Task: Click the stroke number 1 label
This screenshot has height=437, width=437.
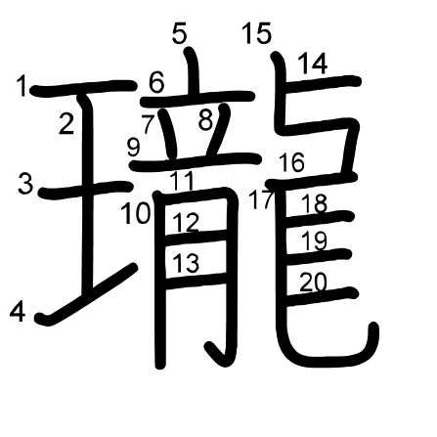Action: pos(22,86)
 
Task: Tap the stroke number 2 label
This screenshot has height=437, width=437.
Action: pos(66,123)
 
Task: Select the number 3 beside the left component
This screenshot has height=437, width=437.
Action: pos(25,183)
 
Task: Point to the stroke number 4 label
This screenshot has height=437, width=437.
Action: pos(18,312)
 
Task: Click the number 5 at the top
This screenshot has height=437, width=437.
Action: pos(179,33)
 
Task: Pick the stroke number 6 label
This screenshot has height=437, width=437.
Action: pos(156,82)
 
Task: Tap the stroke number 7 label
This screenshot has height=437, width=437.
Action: pos(148,124)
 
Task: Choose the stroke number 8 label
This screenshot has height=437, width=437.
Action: pos(206,120)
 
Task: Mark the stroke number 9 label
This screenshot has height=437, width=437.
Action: pos(134,148)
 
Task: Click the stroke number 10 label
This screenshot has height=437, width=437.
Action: pos(136,213)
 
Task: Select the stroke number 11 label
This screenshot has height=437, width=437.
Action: pos(182,181)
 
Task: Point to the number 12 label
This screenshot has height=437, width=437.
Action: pos(186,222)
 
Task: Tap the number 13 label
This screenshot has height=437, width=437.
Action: pos(186,263)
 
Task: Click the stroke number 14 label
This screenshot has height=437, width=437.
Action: pos(313,64)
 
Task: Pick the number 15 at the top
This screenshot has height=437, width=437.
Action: pos(257,33)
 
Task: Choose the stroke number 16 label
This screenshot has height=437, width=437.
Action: pos(292,162)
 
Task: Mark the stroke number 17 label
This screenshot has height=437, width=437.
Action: pos(260,199)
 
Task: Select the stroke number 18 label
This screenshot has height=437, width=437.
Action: pos(314,203)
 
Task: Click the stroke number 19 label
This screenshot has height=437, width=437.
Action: pos(314,240)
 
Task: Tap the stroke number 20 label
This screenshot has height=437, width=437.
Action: pos(313,283)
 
